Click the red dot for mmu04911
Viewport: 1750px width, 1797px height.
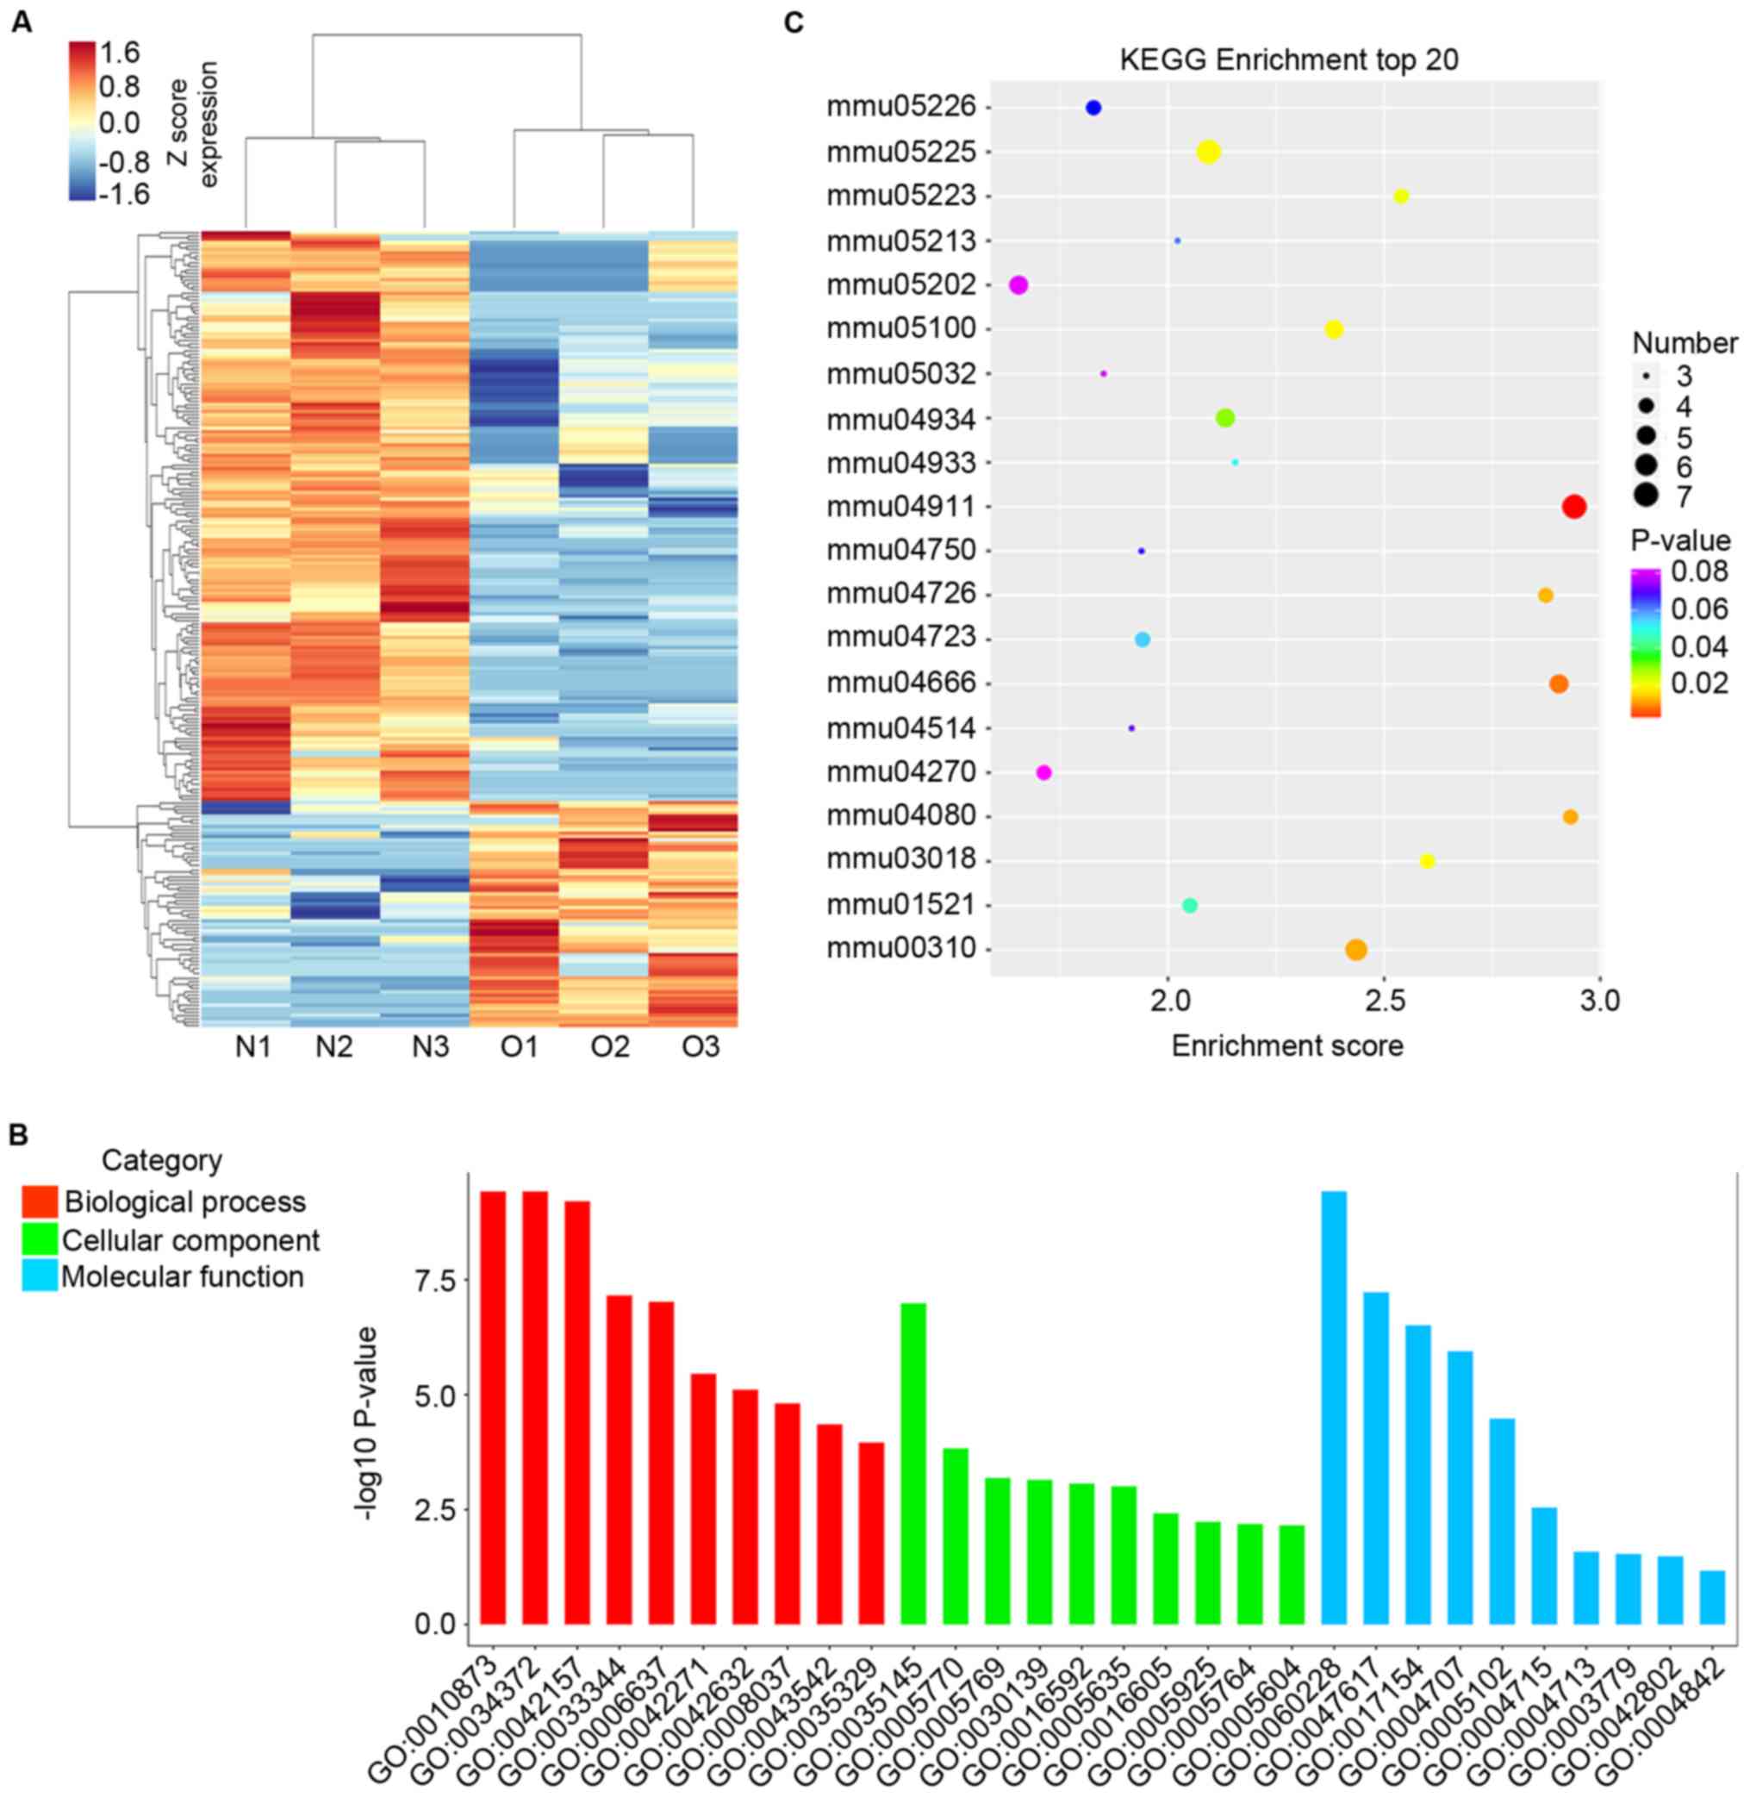click(1573, 507)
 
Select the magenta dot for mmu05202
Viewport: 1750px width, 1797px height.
click(1018, 285)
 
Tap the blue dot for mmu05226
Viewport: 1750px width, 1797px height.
click(1093, 108)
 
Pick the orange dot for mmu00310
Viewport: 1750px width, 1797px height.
click(1355, 950)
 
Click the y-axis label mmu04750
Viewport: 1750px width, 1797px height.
click(900, 551)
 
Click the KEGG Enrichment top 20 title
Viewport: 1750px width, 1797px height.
click(1289, 59)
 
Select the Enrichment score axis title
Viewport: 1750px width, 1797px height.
click(1286, 1045)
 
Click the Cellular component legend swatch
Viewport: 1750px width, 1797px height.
click(40, 1240)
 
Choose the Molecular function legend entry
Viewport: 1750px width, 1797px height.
click(182, 1276)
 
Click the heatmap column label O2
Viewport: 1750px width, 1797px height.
click(609, 1047)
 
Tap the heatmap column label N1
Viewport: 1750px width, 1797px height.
click(252, 1047)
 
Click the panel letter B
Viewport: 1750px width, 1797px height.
click(18, 1135)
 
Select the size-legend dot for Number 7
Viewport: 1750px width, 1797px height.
click(1645, 496)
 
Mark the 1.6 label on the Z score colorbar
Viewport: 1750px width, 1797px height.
click(120, 53)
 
